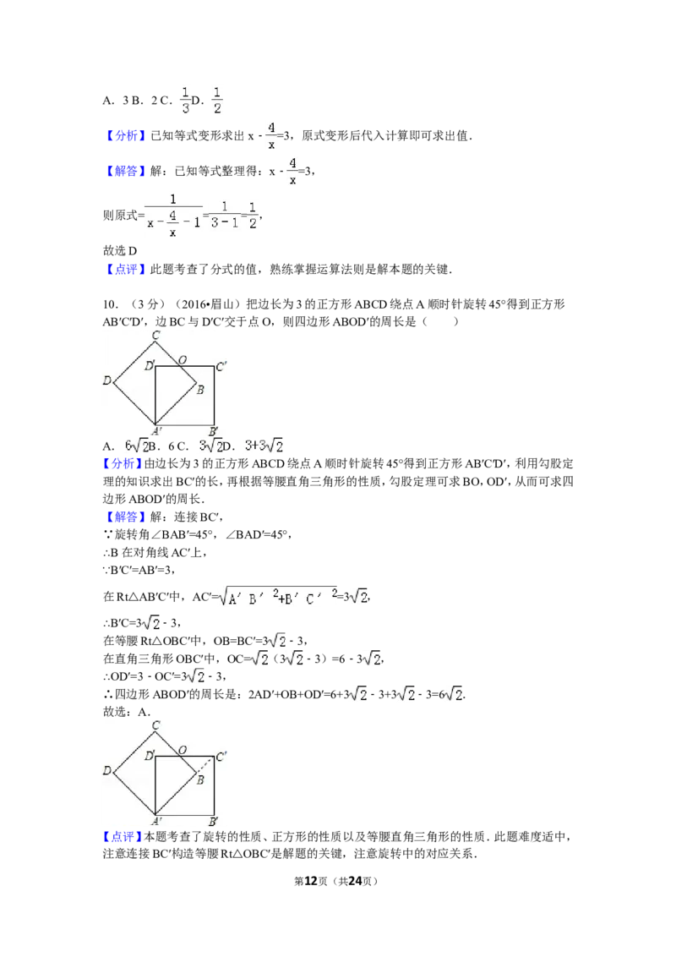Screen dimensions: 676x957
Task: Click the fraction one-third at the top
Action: click(185, 98)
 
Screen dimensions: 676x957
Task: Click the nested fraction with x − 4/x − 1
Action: click(174, 216)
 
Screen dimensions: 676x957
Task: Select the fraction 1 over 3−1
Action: click(225, 216)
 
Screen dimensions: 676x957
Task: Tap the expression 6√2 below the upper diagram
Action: click(136, 446)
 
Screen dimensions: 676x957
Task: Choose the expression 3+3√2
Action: click(263, 446)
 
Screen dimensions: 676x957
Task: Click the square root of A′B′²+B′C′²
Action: click(277, 596)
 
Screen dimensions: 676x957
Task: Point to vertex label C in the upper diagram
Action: click(155, 336)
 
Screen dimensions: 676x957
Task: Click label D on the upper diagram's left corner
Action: click(107, 381)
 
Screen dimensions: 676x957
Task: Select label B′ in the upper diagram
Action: click(214, 432)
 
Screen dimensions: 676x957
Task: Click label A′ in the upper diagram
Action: click(156, 432)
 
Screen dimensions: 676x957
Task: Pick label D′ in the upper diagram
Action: click(149, 366)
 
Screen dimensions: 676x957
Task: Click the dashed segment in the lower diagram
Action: click(205, 765)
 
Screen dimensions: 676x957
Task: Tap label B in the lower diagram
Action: click(200, 779)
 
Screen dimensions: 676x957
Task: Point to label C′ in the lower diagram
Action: click(222, 757)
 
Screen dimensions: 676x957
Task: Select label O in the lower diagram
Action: click(182, 751)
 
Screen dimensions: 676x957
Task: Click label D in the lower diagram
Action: click(107, 771)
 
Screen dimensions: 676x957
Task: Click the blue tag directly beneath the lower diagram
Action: click(122, 838)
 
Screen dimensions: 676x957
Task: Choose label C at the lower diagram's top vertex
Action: click(155, 725)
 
